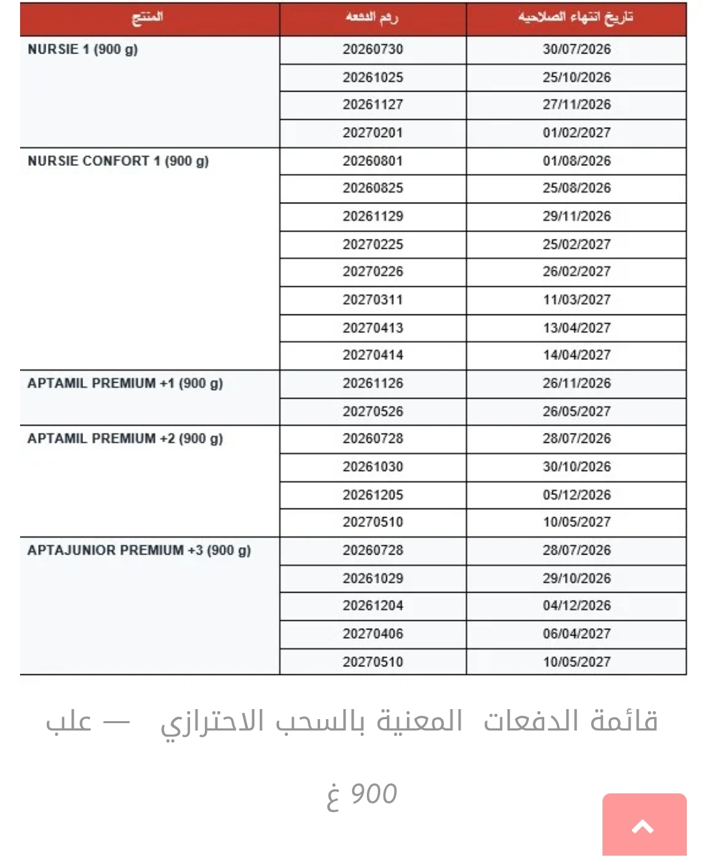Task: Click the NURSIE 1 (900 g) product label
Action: point(82,50)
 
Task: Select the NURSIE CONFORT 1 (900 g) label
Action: point(118,161)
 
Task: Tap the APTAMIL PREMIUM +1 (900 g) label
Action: point(125,383)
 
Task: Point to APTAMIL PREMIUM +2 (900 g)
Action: point(125,439)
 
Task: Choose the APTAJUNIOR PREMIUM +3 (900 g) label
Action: point(139,551)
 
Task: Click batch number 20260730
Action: point(373,50)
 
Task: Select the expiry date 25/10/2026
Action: point(576,78)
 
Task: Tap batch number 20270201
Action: point(373,133)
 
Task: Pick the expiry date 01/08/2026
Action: point(576,161)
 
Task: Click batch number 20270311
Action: point(373,300)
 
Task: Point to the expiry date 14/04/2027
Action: point(576,355)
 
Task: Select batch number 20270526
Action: point(373,411)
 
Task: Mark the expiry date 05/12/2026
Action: point(576,495)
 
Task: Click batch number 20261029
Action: point(373,579)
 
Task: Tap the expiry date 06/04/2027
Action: point(576,634)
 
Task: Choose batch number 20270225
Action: point(373,244)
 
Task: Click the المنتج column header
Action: point(147,18)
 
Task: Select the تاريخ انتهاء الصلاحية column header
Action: point(575,18)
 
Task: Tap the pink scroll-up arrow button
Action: point(644,826)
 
